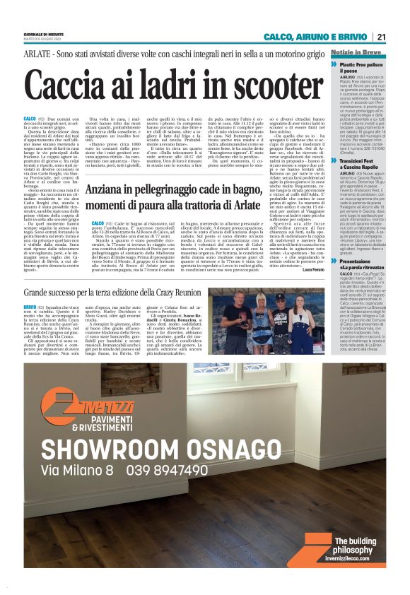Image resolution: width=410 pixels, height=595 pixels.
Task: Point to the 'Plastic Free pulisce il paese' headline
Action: click(x=363, y=67)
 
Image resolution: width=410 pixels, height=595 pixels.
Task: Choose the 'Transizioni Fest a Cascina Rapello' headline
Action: click(x=364, y=164)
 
